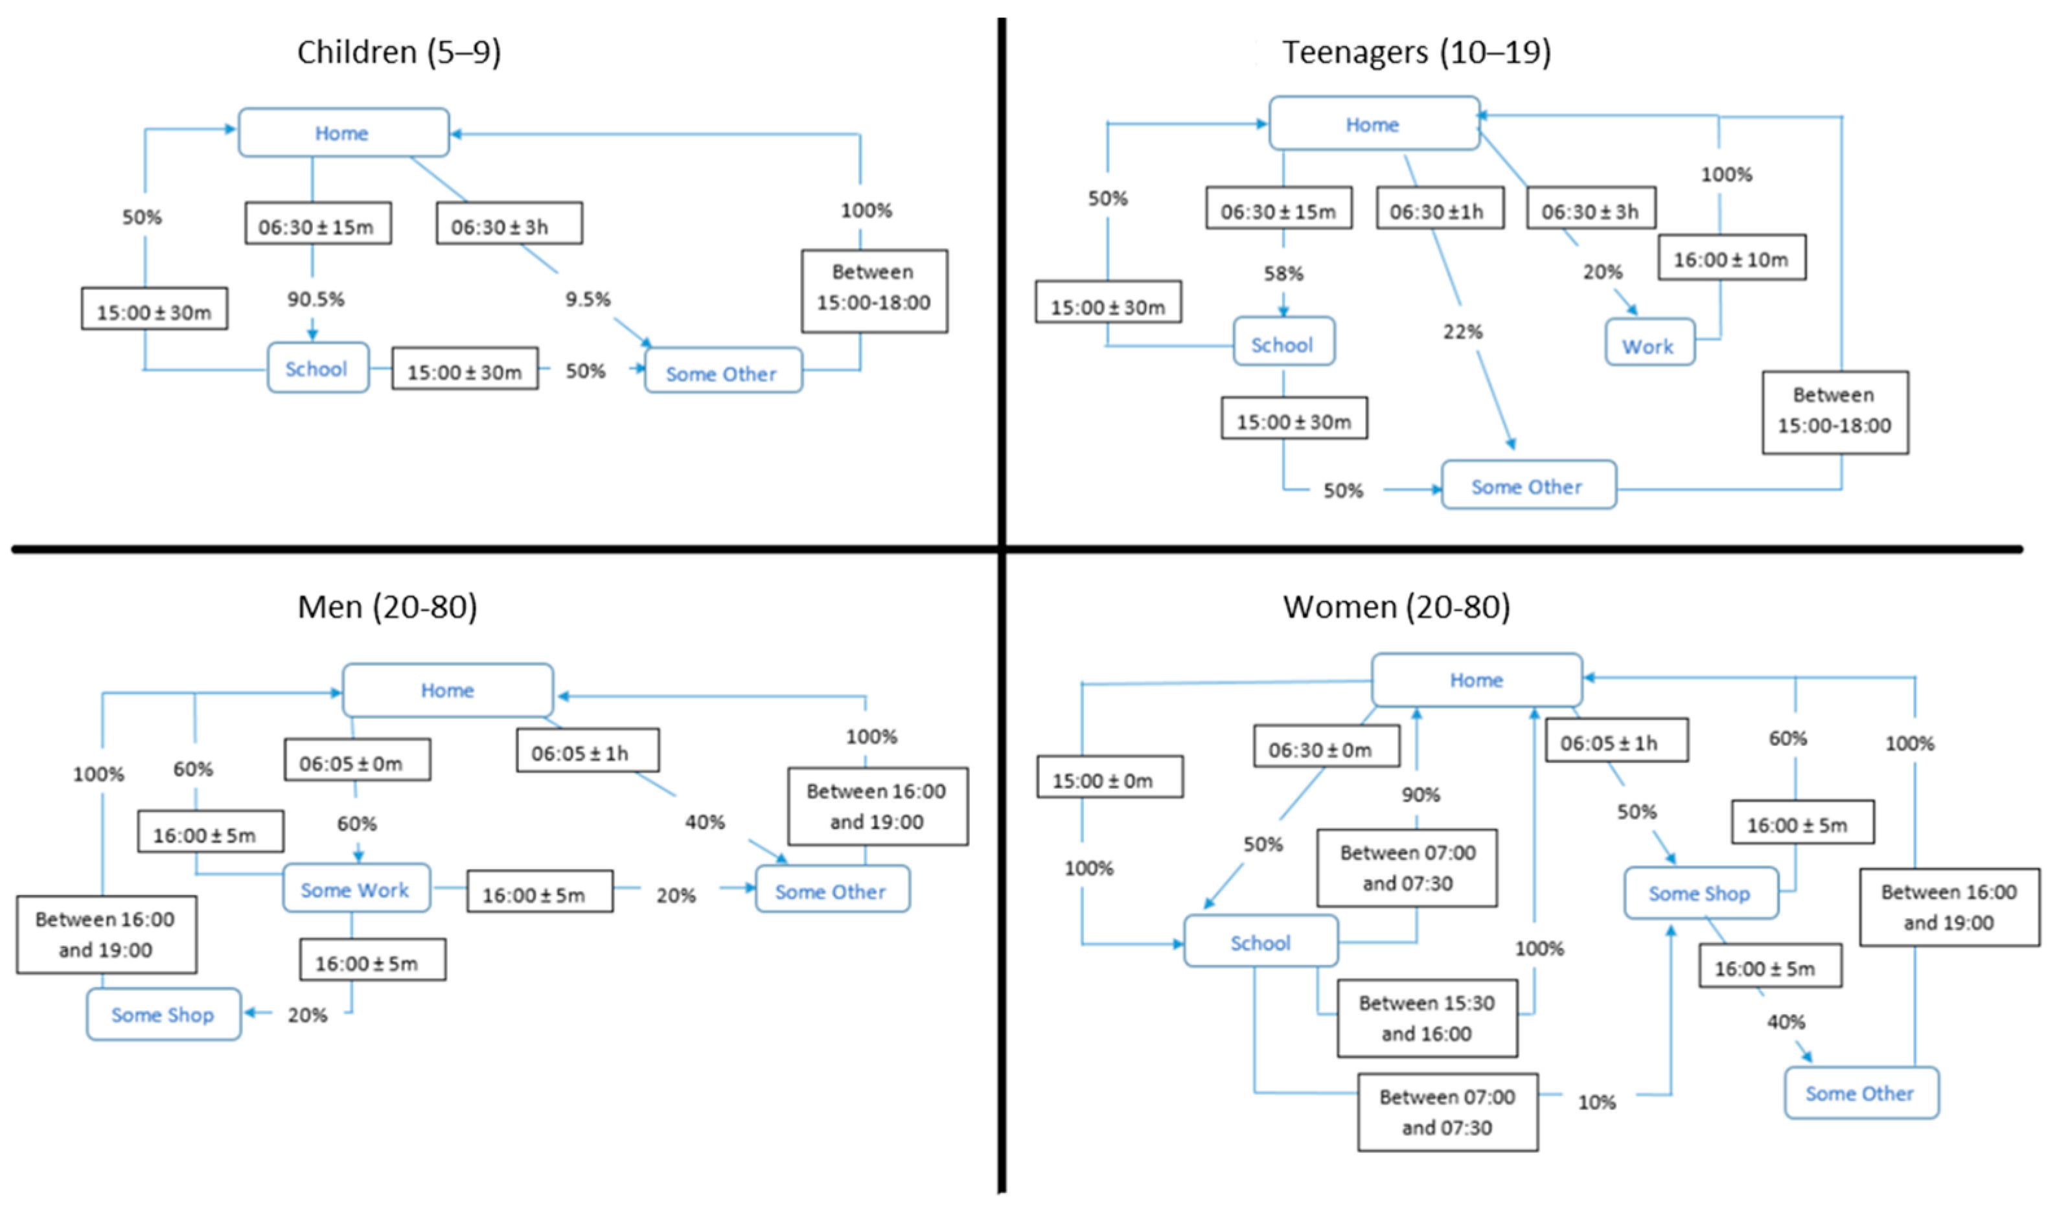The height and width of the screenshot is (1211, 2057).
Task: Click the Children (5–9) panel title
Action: coord(398,52)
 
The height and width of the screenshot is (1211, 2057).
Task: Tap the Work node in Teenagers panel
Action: coord(1649,346)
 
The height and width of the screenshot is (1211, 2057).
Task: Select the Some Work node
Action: coord(356,890)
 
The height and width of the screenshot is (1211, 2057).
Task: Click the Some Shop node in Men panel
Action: coord(163,1014)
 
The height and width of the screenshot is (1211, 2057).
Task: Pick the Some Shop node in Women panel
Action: coord(1699,894)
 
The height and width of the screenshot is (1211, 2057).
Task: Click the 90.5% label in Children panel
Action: coord(315,299)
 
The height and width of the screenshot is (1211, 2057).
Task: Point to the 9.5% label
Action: coord(588,299)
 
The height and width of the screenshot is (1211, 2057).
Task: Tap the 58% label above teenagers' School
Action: coord(1283,273)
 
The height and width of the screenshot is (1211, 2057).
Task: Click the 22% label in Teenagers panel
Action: coord(1462,332)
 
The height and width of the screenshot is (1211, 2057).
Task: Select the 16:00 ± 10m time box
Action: coord(1730,260)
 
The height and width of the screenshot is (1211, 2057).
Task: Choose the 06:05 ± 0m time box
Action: coord(357,763)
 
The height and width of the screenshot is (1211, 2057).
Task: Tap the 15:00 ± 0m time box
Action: coord(1109,781)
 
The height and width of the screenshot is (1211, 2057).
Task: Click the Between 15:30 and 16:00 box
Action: coord(1426,1019)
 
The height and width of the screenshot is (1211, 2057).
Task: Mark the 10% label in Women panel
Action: coord(1596,1102)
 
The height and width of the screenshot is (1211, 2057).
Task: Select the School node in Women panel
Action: coord(1260,942)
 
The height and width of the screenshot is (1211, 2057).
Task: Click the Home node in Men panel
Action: coord(447,690)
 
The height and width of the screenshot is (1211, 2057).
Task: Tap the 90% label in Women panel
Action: coord(1420,794)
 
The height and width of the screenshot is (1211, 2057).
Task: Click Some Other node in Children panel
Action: coord(722,374)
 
